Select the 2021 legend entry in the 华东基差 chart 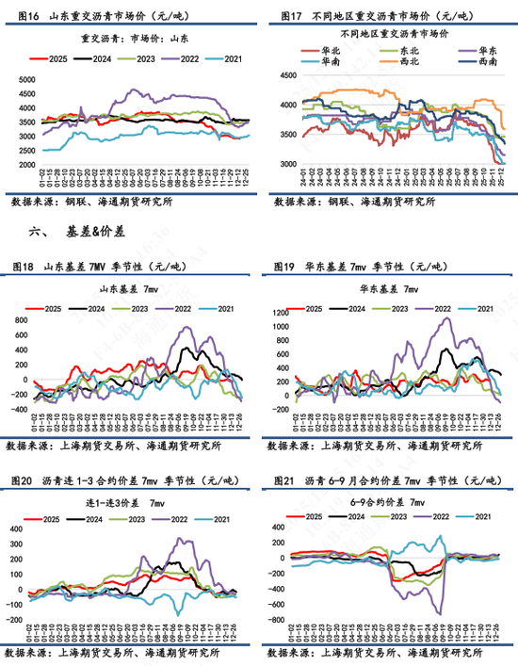pyautogui.click(x=482, y=308)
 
